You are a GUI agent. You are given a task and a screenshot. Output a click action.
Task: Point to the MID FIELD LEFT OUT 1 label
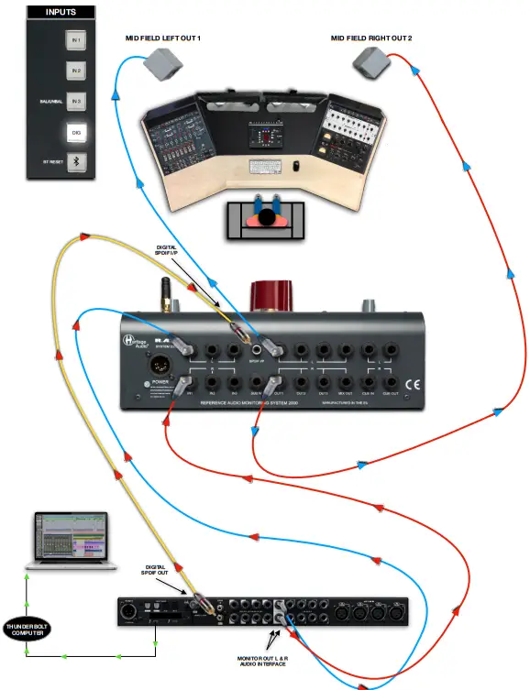point(162,38)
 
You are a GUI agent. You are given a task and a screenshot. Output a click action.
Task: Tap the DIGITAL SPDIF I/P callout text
point(166,251)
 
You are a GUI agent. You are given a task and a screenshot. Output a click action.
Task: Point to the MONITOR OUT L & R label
point(261,661)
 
